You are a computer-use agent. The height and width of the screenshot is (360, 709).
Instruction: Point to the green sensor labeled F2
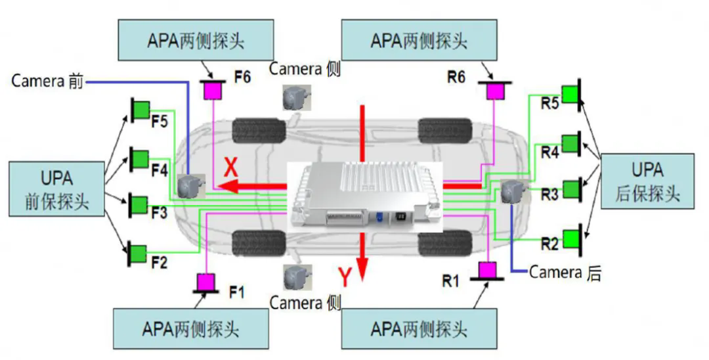(x=139, y=252)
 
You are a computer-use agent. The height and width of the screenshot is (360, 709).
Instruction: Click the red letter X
(x=231, y=169)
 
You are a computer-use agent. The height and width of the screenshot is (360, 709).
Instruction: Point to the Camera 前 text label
(x=47, y=81)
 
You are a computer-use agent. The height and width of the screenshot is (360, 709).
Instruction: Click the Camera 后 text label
(x=565, y=272)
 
